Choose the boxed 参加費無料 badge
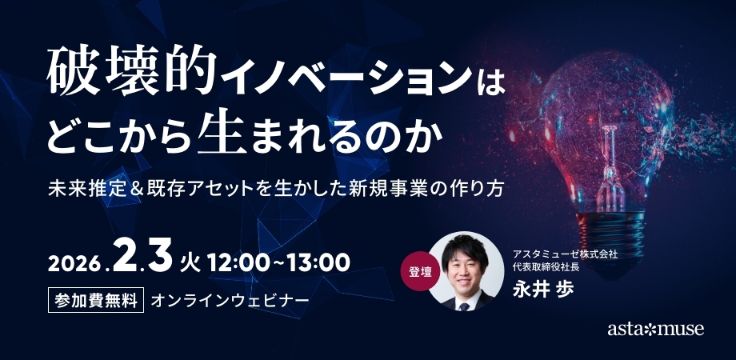(96, 300)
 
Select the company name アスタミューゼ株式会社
(565, 254)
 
